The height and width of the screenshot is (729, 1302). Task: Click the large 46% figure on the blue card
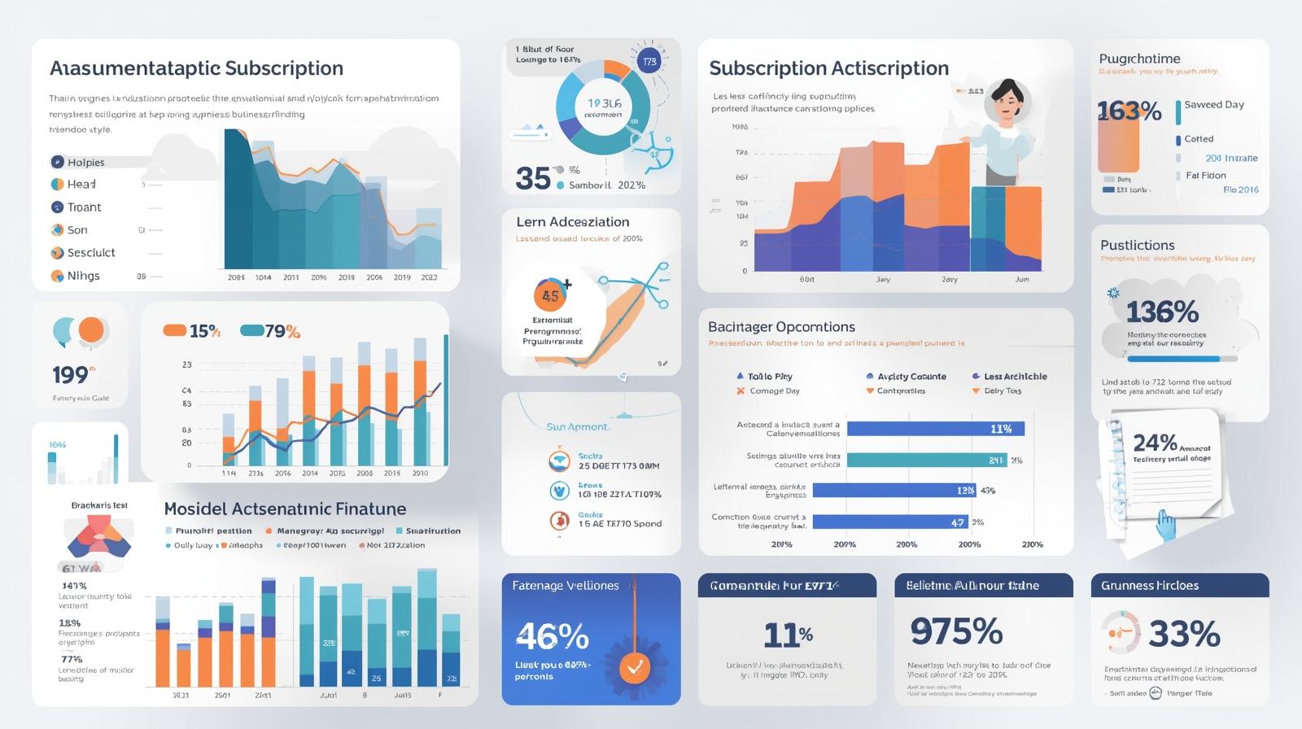[552, 636]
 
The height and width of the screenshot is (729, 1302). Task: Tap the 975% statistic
[956, 631]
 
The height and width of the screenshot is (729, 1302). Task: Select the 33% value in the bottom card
[1184, 633]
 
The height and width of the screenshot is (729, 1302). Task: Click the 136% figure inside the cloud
[1162, 312]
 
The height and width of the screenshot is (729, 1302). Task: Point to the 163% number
[1129, 111]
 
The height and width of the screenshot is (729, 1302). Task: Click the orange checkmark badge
[635, 668]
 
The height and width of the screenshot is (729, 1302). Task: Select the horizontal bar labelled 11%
[935, 429]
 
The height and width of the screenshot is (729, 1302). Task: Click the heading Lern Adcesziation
[572, 222]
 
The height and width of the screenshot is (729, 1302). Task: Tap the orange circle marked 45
[550, 296]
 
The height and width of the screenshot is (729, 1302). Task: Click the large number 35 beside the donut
[533, 178]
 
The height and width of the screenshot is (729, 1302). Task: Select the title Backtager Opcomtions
[781, 327]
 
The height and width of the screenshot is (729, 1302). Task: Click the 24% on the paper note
[1155, 443]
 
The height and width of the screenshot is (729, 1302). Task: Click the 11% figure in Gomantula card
[788, 634]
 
